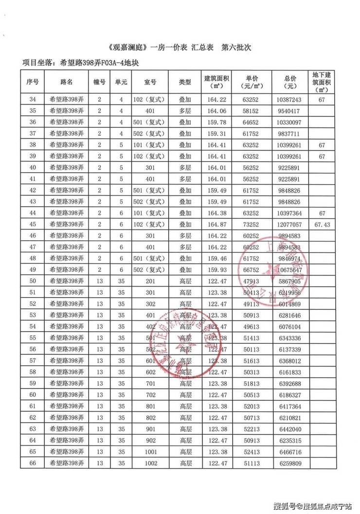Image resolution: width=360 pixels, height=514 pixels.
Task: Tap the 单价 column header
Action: pos(252,82)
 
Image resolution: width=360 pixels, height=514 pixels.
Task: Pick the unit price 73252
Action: pos(252,225)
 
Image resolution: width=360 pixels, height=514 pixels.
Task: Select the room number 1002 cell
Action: pos(151,463)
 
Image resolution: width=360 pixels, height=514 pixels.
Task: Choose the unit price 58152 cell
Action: pos(252,111)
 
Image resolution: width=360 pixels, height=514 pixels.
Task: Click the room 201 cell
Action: pos(151,281)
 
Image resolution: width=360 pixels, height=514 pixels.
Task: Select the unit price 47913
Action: pos(252,281)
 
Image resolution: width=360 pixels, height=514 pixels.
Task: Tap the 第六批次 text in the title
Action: pos(236,48)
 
